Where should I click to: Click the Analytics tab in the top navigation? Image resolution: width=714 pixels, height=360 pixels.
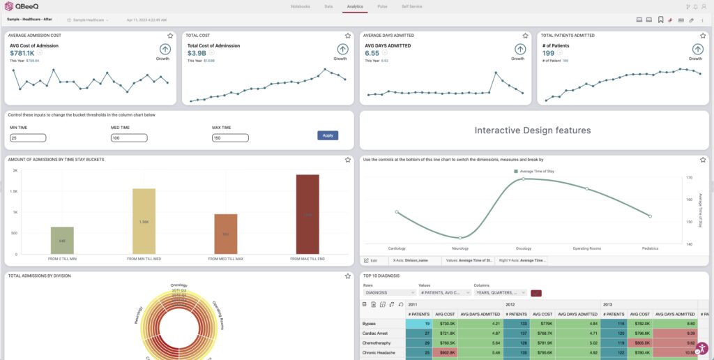coord(354,6)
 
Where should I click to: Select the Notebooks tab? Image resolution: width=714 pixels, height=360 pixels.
coord(300,6)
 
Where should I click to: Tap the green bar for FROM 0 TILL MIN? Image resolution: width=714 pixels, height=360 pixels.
coord(62,240)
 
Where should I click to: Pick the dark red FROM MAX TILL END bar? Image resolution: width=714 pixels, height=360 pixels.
coord(307,214)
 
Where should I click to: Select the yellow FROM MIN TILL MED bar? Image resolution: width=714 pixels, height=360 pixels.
coord(144,221)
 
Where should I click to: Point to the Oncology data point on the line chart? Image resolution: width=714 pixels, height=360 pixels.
coord(523,179)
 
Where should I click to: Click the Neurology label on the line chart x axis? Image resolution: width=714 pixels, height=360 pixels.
coord(460,248)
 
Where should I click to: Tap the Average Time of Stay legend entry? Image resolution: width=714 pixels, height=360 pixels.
coord(536,171)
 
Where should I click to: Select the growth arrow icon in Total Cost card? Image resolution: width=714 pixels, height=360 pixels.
coord(343,49)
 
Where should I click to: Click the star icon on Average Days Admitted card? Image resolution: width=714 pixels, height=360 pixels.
coord(525,35)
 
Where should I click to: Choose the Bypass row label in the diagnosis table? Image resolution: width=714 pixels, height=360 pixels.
coord(370,324)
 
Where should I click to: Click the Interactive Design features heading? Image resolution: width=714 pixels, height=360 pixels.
coord(533,130)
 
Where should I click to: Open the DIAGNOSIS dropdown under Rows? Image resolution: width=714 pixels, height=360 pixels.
coord(389,293)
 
